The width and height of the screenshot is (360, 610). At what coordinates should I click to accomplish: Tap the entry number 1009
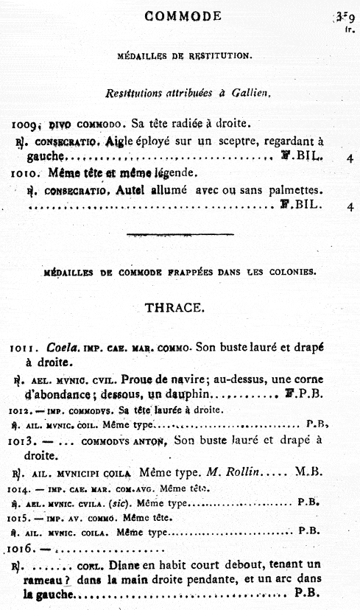coord(29,125)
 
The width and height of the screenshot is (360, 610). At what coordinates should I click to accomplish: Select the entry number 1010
coord(28,175)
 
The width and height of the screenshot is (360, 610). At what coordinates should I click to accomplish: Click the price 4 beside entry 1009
coord(348,158)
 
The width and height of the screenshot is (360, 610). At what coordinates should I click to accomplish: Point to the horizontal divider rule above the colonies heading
coord(180,235)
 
